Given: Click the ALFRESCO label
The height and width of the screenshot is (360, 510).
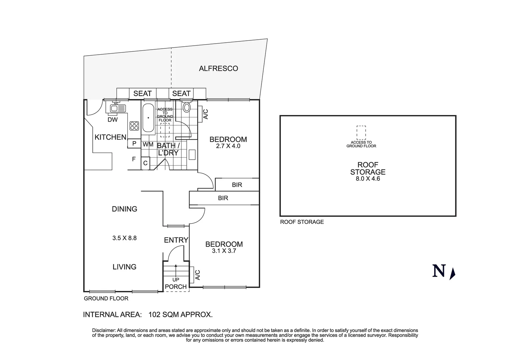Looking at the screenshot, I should (x=218, y=69).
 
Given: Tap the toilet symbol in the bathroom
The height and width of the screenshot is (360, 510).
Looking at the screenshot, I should (x=187, y=107).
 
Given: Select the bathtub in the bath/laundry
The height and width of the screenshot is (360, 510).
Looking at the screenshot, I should (x=148, y=118).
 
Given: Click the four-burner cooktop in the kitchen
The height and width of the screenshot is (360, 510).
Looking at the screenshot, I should (x=134, y=126).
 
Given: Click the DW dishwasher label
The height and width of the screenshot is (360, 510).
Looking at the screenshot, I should (x=112, y=120).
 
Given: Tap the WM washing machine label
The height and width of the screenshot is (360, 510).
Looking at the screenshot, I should (x=148, y=145).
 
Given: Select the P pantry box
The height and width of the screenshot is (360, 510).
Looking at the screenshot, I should (x=134, y=144).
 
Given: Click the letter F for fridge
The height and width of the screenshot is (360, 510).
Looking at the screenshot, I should (x=134, y=159).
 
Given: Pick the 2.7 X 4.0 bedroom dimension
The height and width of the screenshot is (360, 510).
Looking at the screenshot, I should (x=228, y=146).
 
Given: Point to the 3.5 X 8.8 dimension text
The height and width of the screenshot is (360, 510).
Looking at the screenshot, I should (x=124, y=238).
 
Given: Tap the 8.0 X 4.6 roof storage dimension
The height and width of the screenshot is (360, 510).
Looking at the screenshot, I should (x=368, y=178).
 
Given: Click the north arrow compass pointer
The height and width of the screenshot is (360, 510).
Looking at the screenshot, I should (x=452, y=273).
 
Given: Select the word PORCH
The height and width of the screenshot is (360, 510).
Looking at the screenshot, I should (x=176, y=287).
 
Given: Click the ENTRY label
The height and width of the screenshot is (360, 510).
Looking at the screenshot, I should (x=176, y=240).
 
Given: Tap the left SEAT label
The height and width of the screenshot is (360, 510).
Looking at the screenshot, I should (x=142, y=94).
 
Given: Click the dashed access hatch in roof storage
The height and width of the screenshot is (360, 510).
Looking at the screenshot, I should (x=361, y=132).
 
